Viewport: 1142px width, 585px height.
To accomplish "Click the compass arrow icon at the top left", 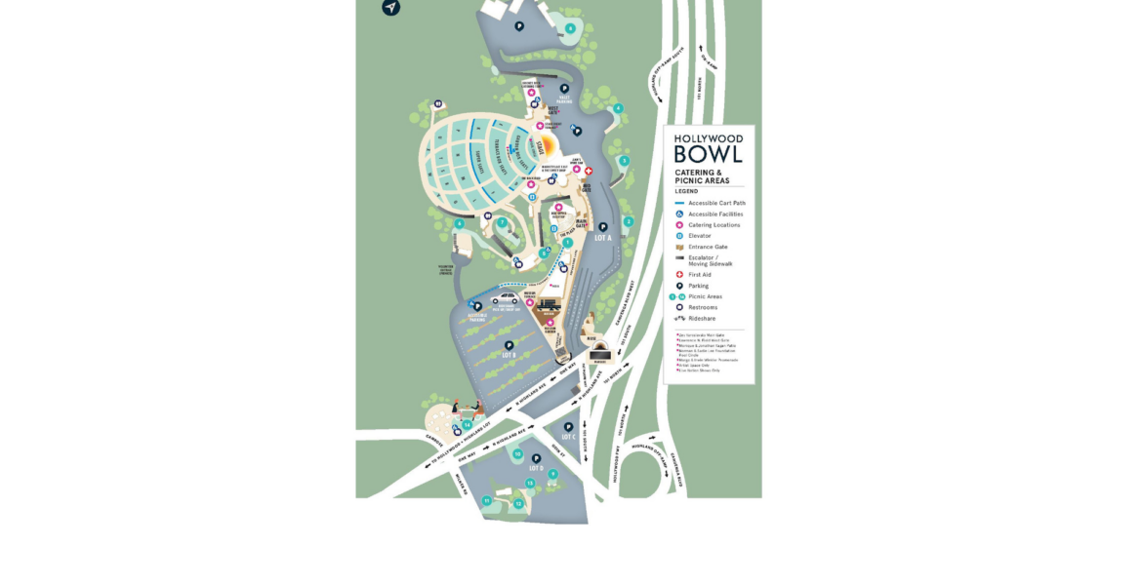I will tap(390, 8).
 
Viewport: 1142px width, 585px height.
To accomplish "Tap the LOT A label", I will tap(602, 238).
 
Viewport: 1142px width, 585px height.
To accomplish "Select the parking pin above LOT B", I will tap(509, 344).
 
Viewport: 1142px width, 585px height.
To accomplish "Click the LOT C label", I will tap(568, 437).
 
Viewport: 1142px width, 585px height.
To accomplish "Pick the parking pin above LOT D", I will tap(536, 458).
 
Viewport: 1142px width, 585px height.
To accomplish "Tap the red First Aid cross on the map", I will tap(589, 171).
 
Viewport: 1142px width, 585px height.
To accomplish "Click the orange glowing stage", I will tap(547, 147).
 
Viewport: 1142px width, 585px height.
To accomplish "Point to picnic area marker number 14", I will tap(468, 425).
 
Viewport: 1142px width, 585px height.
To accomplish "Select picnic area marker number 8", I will tap(570, 28).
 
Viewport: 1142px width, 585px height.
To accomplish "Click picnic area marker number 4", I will tap(618, 108).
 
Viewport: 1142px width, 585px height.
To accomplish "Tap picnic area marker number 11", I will tap(486, 500).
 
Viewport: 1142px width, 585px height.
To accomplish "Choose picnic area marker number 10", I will tap(518, 453).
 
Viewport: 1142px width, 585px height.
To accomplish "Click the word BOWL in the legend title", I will tap(709, 154).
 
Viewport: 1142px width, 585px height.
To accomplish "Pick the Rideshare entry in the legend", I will tap(703, 318).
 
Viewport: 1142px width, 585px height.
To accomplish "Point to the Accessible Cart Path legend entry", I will tap(716, 203).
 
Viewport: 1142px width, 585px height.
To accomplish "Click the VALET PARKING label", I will tap(564, 99).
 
